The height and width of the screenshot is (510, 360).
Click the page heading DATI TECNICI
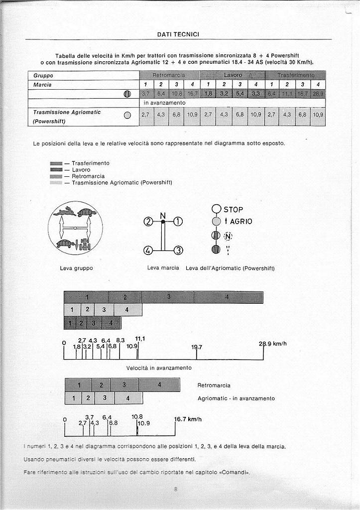178,34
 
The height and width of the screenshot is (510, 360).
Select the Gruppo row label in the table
43,76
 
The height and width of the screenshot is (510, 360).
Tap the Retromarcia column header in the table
169,75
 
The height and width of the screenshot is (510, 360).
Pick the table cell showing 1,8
208,94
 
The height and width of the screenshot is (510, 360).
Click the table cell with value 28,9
318,94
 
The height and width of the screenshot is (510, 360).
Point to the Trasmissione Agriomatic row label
67,113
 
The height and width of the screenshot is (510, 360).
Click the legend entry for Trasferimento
90,163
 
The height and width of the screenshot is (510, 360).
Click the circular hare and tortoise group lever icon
75,228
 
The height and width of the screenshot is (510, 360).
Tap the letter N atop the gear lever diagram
163,216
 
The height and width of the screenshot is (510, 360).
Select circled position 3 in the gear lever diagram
178,250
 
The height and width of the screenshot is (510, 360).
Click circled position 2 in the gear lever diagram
147,222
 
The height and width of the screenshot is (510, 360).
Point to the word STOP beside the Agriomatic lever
234,210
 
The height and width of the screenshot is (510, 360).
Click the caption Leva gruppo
76,268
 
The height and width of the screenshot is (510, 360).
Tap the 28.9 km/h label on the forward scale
272,344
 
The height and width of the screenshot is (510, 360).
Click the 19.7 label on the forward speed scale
197,347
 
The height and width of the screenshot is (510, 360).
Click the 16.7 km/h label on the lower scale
188,419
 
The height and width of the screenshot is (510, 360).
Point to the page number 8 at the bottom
176,489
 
